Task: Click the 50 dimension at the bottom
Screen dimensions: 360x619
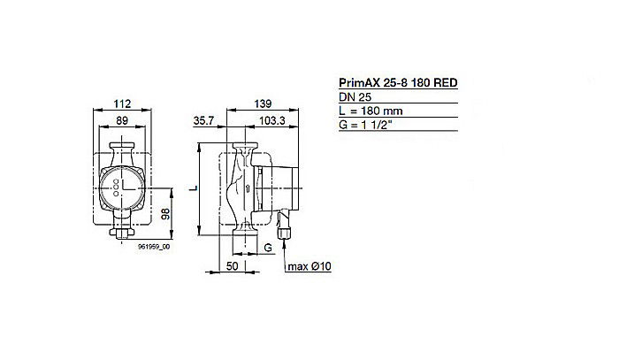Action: point(233,264)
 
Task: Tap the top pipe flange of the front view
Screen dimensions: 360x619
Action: point(123,147)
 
